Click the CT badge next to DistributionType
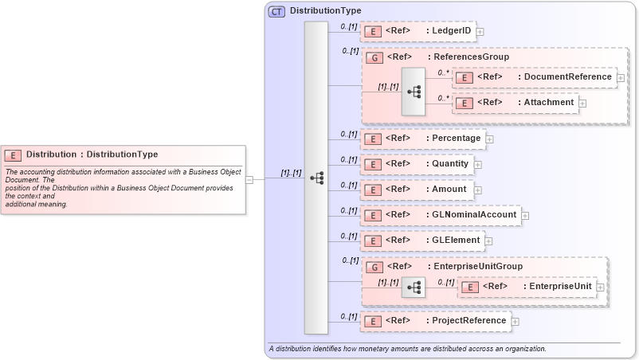coord(276,11)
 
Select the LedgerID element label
coord(452,31)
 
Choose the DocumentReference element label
coord(567,76)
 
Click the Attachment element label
coord(548,102)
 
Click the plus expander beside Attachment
coord(582,103)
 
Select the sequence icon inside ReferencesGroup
coord(414,91)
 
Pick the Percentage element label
coord(457,138)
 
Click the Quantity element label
coord(450,163)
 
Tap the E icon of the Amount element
coord(371,190)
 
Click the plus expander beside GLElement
coord(488,241)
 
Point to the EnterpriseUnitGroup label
coord(475,266)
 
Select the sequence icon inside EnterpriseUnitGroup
coord(414,286)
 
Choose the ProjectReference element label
coord(468,320)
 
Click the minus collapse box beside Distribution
coord(249,179)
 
